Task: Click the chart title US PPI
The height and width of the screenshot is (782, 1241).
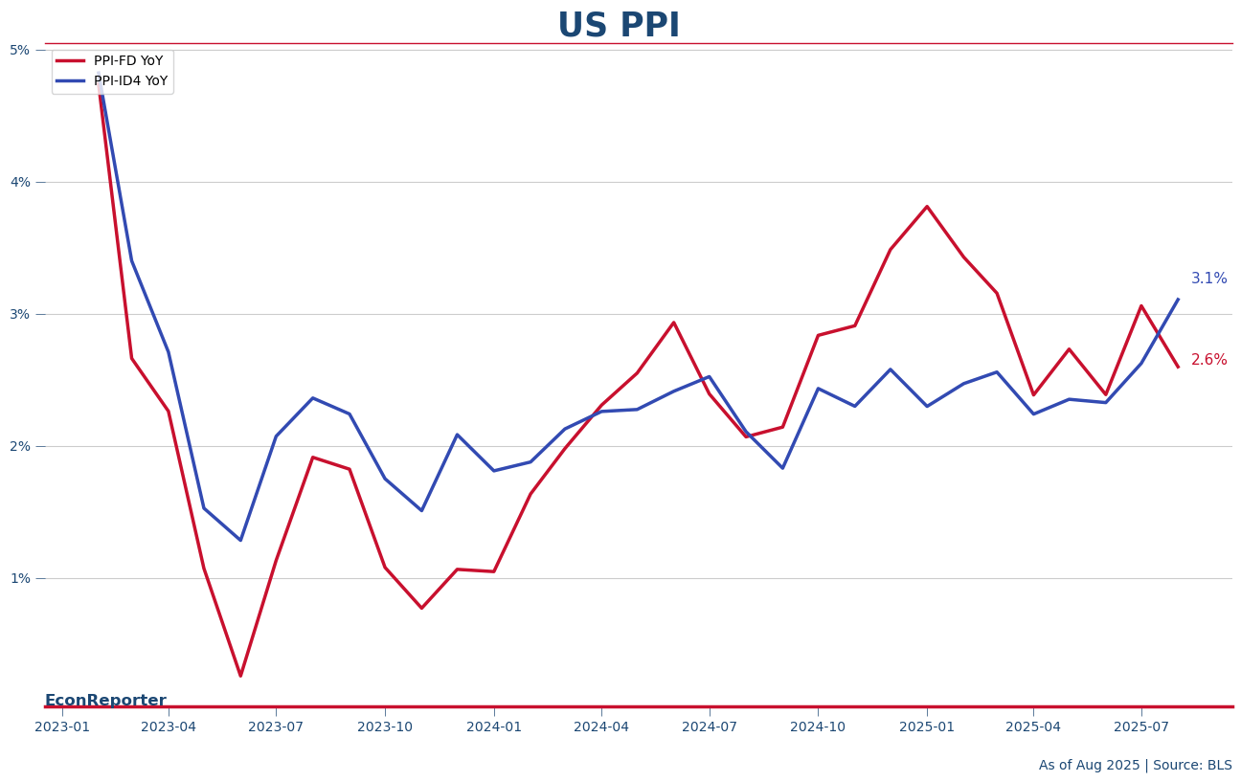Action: pos(619,26)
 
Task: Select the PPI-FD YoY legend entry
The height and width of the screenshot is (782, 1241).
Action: pos(127,61)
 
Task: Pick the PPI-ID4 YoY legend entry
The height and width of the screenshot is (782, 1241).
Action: pos(129,81)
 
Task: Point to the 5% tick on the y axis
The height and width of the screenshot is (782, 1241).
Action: pos(20,50)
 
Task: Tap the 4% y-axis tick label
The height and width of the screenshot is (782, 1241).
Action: pos(20,182)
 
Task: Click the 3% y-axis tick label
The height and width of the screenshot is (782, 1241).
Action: pos(20,314)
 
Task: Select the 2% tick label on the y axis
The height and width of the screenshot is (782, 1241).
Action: pos(20,446)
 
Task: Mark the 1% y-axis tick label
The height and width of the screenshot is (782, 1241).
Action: pos(20,578)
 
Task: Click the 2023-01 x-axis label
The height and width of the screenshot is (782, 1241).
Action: pos(62,727)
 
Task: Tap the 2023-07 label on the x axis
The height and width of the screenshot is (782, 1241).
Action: pos(276,727)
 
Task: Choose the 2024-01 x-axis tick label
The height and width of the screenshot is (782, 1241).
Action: pos(494,727)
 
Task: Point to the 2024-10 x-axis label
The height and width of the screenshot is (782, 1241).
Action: pos(818,727)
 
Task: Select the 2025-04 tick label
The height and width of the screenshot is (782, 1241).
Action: pos(1033,727)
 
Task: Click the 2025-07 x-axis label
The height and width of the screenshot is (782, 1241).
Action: pos(1141,727)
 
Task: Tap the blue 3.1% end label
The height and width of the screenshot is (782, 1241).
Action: pos(1208,279)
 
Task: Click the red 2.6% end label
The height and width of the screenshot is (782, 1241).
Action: pos(1208,360)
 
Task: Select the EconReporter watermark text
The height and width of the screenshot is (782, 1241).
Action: pos(105,701)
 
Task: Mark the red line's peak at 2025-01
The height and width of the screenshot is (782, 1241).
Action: pos(927,207)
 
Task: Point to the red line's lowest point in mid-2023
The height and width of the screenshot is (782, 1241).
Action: pos(240,676)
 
